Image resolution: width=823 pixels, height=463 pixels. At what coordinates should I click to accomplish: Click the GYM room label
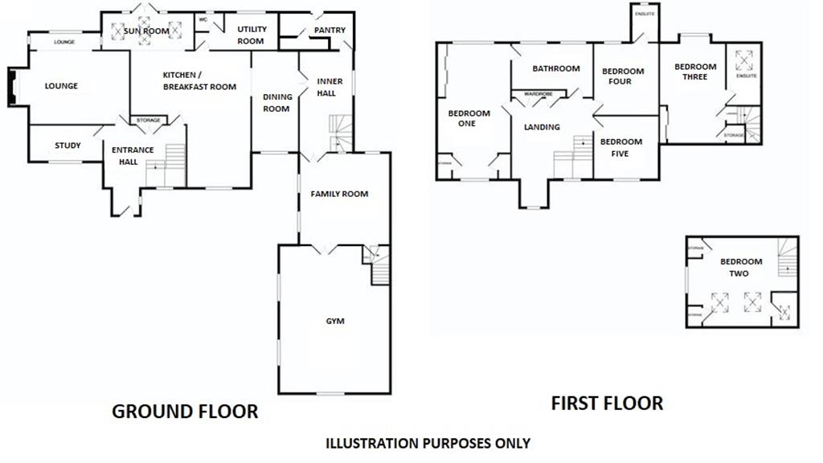(x=334, y=322)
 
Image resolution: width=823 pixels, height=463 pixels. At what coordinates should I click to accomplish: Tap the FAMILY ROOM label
(x=339, y=194)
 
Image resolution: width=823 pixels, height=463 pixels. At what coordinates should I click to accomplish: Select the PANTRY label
(x=330, y=31)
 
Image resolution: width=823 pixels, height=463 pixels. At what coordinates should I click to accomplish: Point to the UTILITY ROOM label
(x=251, y=35)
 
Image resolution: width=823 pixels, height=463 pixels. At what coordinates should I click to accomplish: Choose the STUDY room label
(x=68, y=145)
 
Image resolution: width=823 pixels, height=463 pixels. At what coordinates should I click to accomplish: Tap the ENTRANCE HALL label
(x=132, y=156)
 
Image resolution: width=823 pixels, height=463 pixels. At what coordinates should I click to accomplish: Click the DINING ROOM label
(x=276, y=103)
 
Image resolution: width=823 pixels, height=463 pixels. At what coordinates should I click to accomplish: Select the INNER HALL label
(x=330, y=87)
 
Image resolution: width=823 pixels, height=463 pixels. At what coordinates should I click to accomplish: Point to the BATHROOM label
(x=555, y=68)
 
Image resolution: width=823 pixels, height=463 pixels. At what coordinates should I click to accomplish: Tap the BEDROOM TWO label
(x=740, y=268)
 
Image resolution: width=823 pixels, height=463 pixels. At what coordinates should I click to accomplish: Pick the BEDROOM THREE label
(x=695, y=72)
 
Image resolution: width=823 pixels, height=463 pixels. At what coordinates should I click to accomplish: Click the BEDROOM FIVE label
(x=620, y=147)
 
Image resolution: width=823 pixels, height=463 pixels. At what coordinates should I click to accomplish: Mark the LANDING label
(x=542, y=127)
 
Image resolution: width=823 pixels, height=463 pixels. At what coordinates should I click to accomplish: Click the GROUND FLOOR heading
(x=185, y=412)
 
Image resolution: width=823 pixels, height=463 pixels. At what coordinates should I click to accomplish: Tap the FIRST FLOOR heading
(x=607, y=403)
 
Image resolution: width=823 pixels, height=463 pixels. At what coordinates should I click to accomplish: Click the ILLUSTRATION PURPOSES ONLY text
(x=428, y=443)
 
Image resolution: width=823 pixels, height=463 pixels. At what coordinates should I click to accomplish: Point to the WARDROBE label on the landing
(x=538, y=94)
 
